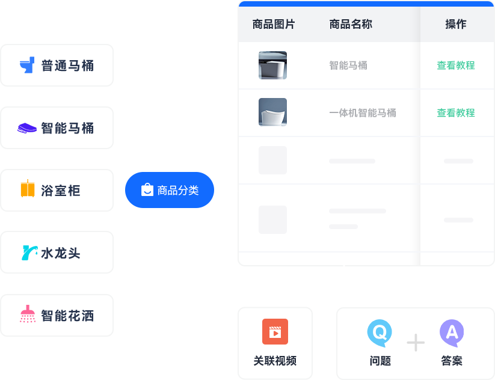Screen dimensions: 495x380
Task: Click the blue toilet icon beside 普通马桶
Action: pos(27,65)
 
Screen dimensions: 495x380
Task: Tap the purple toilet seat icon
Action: pos(27,128)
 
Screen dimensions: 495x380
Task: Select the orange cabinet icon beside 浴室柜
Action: pos(28,188)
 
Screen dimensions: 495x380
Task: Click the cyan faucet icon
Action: pos(29,253)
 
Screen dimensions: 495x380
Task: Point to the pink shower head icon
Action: pos(28,314)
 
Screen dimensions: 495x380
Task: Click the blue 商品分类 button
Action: pos(170,190)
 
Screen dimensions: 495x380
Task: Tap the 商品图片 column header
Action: pos(274,24)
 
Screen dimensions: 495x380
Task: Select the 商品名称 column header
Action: pos(351,24)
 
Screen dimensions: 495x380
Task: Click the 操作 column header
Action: pos(456,24)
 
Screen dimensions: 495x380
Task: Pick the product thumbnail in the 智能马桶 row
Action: pos(272,66)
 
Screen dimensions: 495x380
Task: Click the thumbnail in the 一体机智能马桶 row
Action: pos(272,112)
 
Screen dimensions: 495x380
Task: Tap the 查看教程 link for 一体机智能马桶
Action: pos(456,112)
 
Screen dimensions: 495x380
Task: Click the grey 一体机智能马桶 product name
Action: pos(363,112)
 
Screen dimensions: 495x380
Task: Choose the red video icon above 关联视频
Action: pos(275,332)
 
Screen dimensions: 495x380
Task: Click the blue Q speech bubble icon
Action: pos(380,333)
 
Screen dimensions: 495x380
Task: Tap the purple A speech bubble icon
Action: pos(452,333)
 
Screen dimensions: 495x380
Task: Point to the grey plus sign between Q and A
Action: pos(416,343)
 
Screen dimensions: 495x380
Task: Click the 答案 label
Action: pos(452,361)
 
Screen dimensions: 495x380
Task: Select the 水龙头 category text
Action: pos(61,253)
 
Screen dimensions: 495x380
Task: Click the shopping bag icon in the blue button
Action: pos(147,189)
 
